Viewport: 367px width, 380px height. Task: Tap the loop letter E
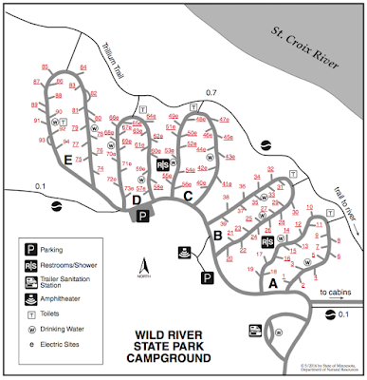pos(66,164)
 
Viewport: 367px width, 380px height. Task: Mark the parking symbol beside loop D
pos(142,216)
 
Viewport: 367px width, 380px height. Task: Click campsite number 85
pos(46,66)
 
